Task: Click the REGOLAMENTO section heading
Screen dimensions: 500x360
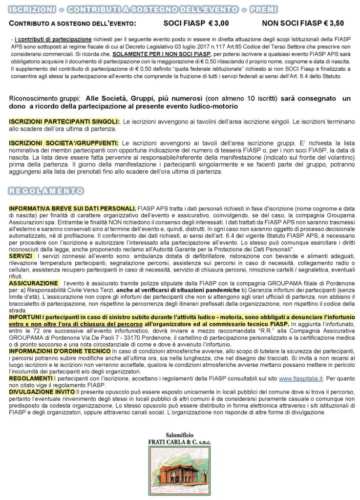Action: tap(46, 190)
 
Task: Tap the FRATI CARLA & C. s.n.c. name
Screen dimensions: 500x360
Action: tap(179, 442)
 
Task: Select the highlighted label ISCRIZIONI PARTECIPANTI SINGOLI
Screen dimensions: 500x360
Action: tap(64, 121)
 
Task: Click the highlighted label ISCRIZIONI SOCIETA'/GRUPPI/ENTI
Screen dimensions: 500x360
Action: tap(64, 143)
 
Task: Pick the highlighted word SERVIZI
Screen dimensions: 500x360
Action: tap(21, 256)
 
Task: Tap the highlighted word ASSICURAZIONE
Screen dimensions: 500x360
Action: tap(33, 283)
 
